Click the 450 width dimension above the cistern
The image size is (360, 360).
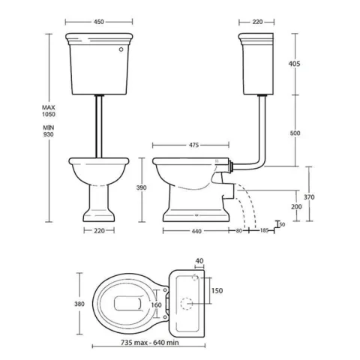[x=99, y=21]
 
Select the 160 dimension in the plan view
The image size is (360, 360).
[x=156, y=305]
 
